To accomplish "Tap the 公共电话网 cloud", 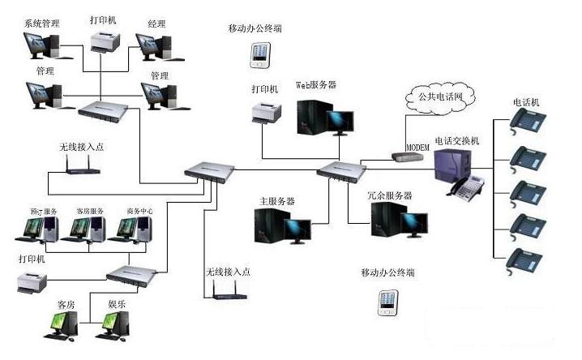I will tap(441, 97).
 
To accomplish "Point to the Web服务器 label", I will tap(315, 84).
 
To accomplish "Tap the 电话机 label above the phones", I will tap(526, 102).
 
